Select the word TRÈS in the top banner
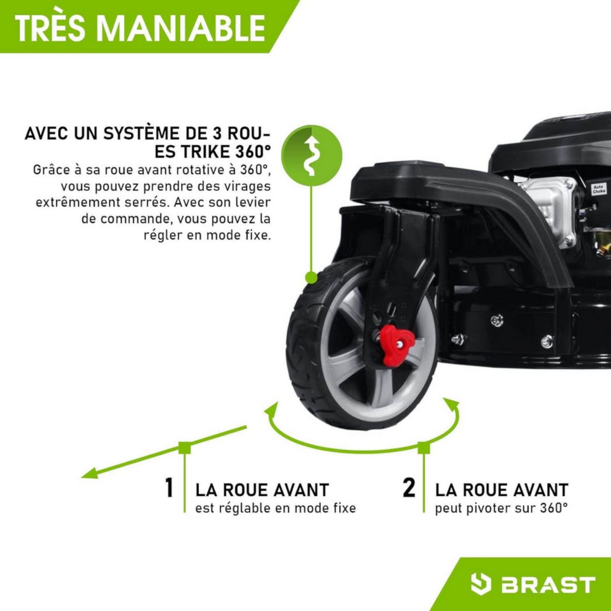tap(48, 27)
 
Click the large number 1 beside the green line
tap(169, 488)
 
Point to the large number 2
tap(409, 488)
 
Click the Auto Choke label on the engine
tap(599, 189)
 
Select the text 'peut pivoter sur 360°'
tap(501, 508)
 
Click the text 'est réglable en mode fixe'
tap(275, 508)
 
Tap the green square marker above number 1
tap(185, 448)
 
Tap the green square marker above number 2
tap(424, 448)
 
